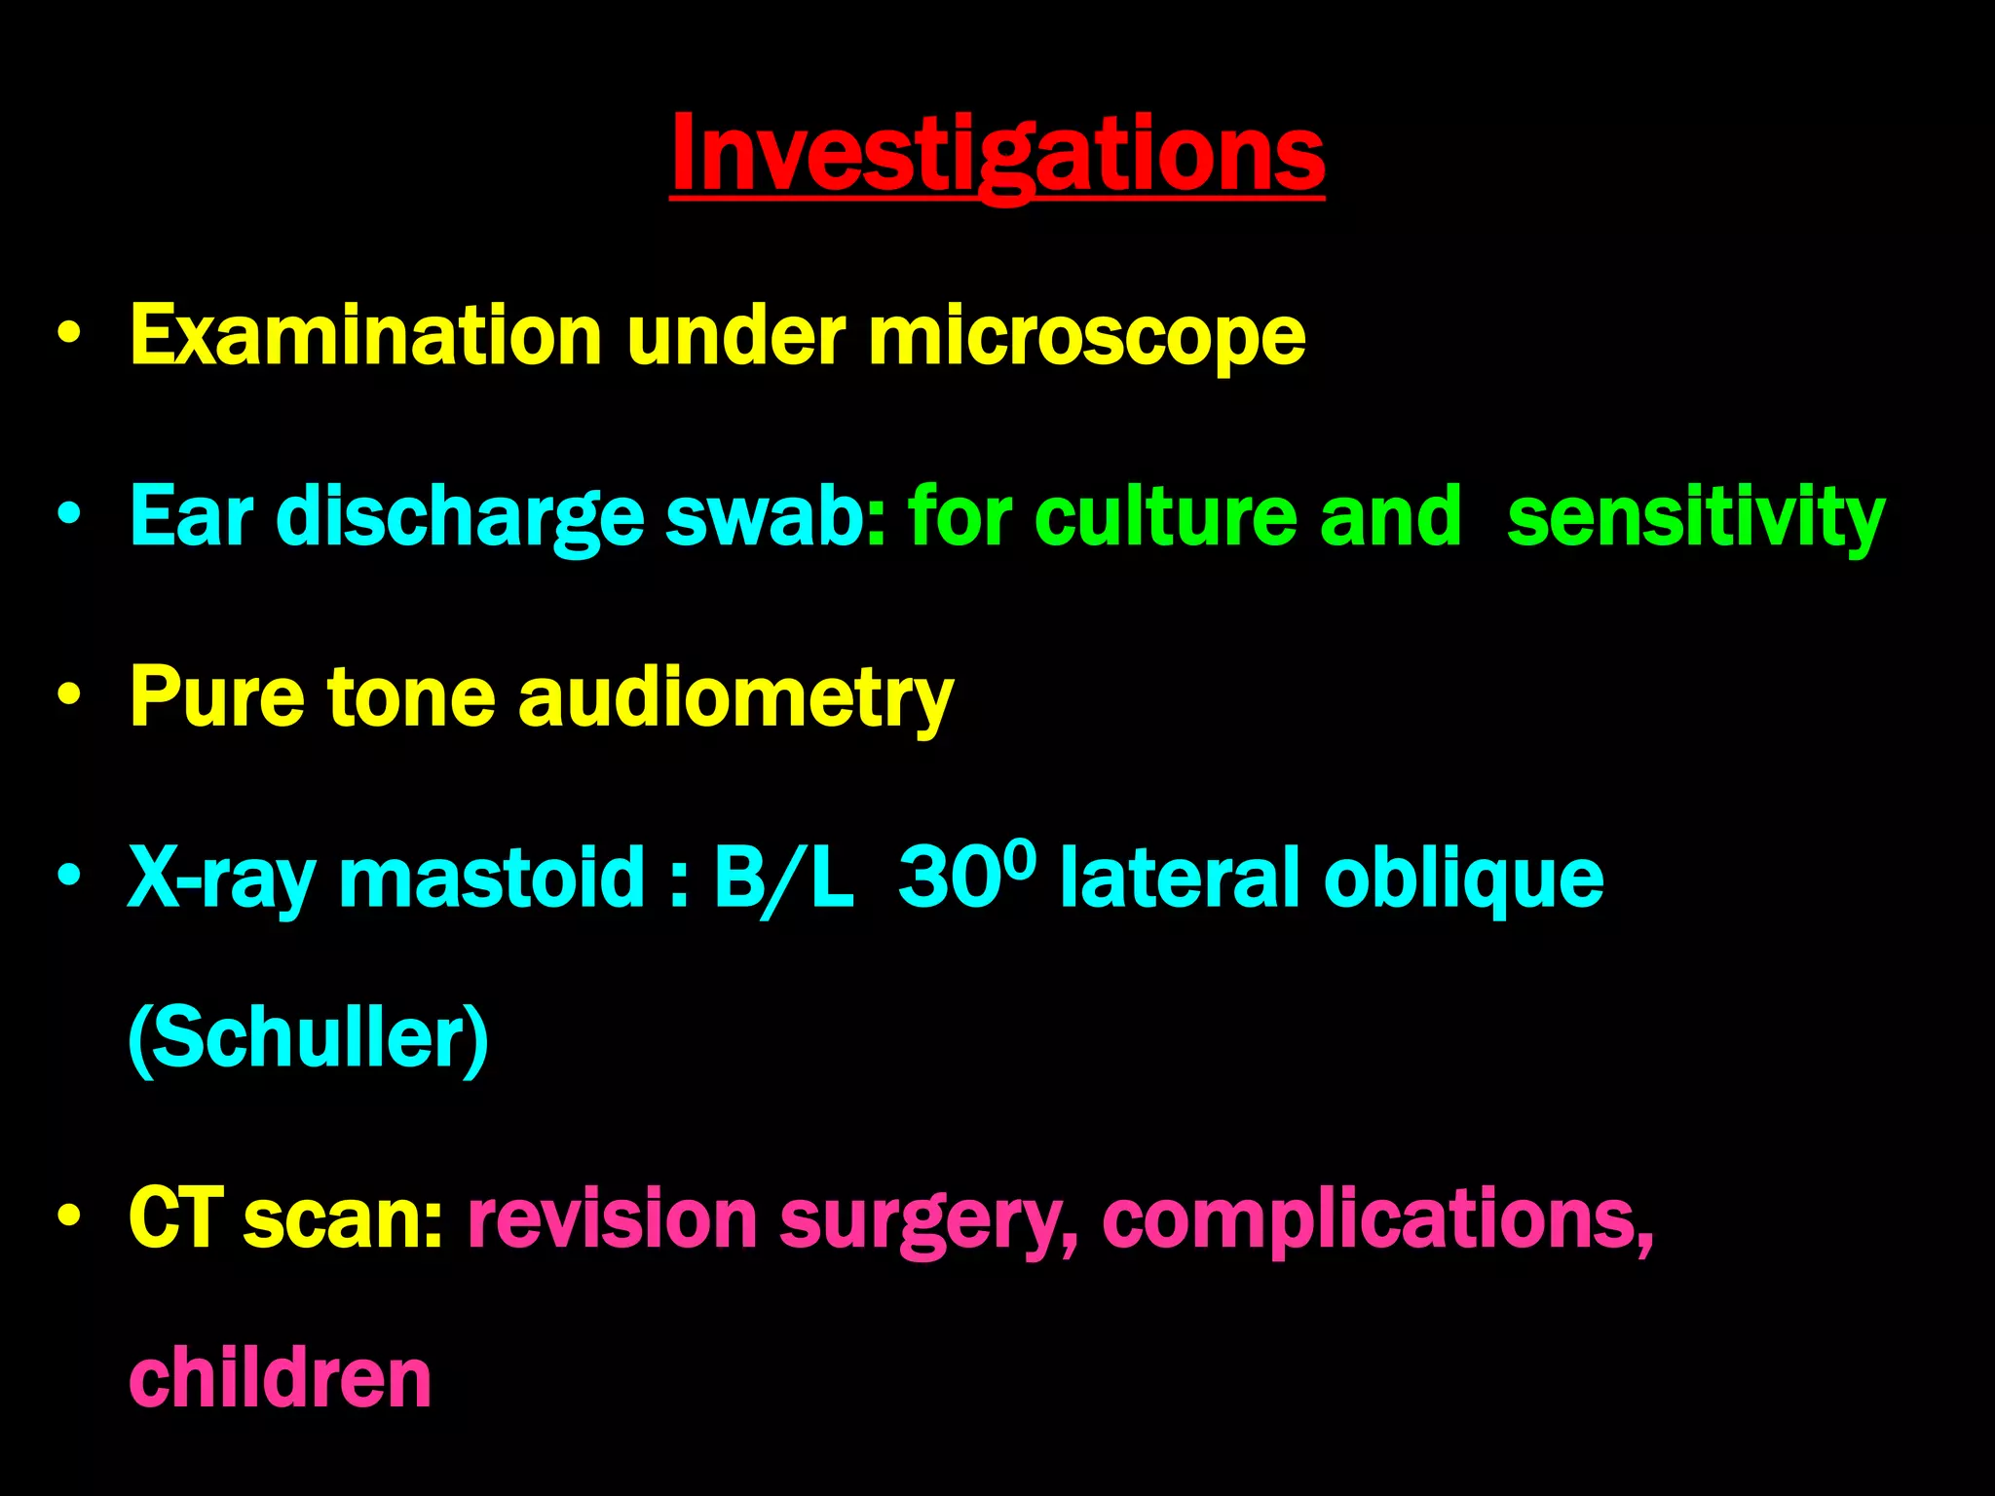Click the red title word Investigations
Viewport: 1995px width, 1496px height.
997,154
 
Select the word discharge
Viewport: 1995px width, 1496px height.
460,517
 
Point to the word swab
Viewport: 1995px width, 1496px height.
763,515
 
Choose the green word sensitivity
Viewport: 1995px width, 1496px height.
1695,517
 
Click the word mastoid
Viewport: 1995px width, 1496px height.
492,877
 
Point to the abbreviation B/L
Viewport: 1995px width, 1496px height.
783,877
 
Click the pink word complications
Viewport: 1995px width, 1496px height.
1376,1219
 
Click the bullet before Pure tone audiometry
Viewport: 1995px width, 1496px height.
68,695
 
